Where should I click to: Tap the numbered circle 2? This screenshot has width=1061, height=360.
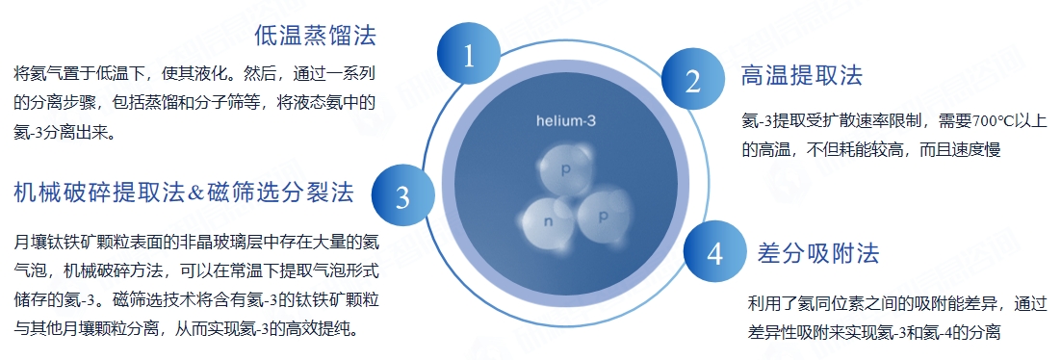(692, 82)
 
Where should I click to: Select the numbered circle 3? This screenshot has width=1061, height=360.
(402, 196)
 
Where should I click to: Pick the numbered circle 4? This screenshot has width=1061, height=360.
(714, 252)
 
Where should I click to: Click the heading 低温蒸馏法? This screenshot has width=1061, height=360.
(315, 38)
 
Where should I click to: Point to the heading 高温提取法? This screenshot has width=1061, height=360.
(801, 75)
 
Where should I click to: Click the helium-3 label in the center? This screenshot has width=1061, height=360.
(567, 121)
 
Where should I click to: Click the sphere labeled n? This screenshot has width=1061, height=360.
(549, 222)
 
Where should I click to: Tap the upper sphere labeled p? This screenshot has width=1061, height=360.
(566, 167)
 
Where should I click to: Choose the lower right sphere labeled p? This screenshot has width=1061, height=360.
(603, 217)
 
